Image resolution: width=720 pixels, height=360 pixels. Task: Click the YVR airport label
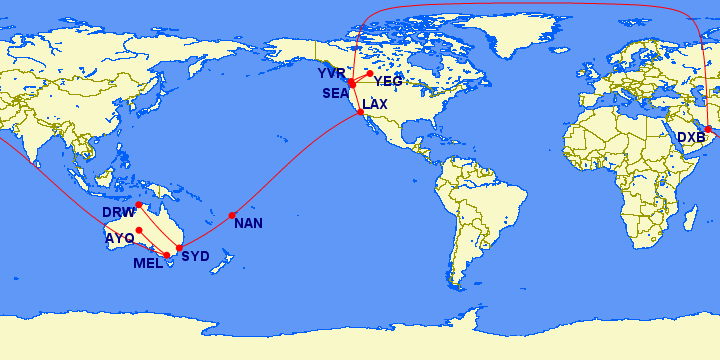(331, 74)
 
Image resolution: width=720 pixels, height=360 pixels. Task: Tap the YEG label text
(388, 81)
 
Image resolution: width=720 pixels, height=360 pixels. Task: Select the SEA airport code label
(335, 93)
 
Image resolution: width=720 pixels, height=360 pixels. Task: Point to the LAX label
(375, 104)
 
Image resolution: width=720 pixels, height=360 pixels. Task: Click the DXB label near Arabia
(691, 137)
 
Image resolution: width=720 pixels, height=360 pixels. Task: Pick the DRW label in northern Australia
(118, 213)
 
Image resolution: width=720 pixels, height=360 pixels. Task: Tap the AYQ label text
(119, 238)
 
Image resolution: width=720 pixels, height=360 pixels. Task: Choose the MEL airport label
(148, 263)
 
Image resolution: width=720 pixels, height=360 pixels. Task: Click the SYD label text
(195, 257)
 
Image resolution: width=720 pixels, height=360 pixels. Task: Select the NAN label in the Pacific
(248, 223)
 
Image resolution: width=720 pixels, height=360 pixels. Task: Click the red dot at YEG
(370, 73)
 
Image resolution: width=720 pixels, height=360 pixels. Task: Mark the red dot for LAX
(360, 112)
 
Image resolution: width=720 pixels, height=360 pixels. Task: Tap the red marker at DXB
(708, 129)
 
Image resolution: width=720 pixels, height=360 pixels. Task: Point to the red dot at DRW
(139, 205)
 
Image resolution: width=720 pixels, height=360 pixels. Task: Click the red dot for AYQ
(139, 230)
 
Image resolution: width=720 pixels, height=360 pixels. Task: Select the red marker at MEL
(167, 256)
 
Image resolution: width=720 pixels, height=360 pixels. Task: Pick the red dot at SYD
(179, 248)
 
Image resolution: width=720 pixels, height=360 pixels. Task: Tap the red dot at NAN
(232, 215)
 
